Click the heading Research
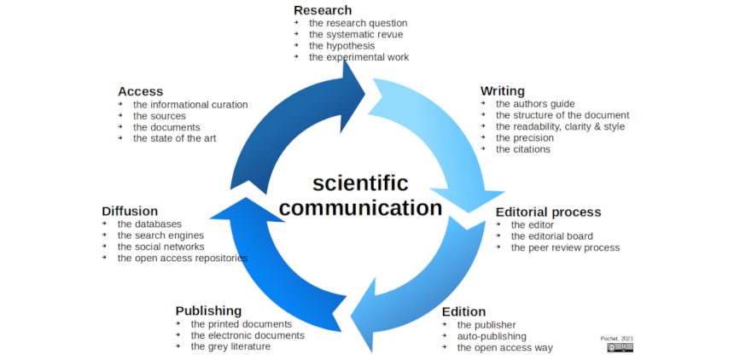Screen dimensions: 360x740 pos(322,9)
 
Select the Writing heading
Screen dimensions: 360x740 pos(502,90)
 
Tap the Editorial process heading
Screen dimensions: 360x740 pos(548,212)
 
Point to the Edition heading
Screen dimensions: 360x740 pos(463,311)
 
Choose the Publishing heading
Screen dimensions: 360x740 pos(208,311)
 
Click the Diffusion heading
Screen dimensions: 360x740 pos(130,211)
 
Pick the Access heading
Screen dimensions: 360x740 pos(140,90)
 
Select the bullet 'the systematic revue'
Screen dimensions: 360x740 pos(356,34)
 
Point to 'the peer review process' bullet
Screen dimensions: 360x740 pos(565,247)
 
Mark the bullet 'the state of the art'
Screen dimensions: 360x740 pos(175,138)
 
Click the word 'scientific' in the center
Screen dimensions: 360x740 pos(360,183)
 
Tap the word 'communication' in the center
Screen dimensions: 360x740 pos(360,207)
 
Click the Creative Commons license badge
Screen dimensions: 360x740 pos(620,347)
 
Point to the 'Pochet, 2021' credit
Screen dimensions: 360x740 pos(617,338)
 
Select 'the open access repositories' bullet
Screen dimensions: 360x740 pos(183,258)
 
